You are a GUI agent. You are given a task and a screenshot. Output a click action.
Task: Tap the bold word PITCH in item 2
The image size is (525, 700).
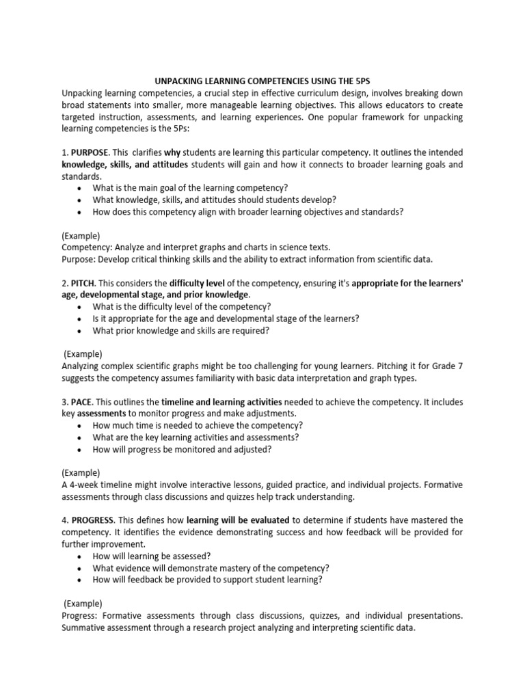point(83,282)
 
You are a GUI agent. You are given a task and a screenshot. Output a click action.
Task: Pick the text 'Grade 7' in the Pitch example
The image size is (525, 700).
point(447,366)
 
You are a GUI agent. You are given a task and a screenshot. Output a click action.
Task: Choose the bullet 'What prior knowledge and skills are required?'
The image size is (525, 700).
point(181,330)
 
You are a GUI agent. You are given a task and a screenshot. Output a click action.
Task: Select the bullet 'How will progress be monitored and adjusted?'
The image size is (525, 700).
point(182,449)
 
